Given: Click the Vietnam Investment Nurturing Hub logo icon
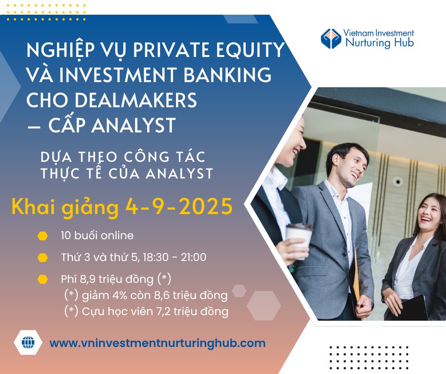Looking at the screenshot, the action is (331, 38).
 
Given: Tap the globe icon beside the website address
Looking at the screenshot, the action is (28, 342).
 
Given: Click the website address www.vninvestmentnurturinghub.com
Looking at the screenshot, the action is (158, 343).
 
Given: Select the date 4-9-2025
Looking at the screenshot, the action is (179, 206).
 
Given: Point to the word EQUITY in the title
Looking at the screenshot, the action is (251, 49).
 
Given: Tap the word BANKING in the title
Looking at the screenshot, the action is (227, 75).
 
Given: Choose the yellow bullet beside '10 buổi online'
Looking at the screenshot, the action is (43, 236).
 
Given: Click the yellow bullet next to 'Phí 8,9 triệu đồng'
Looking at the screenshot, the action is (43, 280).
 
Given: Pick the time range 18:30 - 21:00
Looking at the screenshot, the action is (174, 257).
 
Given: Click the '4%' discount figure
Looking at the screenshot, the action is (120, 295).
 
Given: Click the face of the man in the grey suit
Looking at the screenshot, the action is (352, 168).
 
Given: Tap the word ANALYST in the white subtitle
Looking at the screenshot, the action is (179, 174).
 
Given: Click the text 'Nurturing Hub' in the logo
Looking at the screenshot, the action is (380, 43).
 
